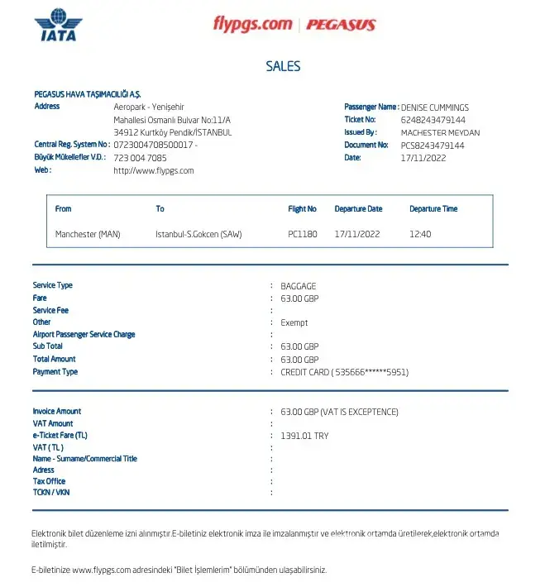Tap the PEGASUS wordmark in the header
(x=341, y=24)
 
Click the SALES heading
(x=283, y=67)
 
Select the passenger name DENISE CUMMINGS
(x=434, y=107)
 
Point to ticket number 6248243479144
(x=433, y=120)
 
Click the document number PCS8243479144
(x=433, y=146)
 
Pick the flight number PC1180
(x=303, y=234)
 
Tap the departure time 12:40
(x=420, y=234)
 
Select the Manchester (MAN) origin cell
(x=88, y=234)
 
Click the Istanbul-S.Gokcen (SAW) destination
(x=199, y=234)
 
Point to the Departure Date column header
(x=358, y=209)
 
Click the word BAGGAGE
(x=298, y=286)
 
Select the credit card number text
(x=345, y=372)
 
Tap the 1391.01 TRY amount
(x=304, y=436)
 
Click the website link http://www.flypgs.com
(x=154, y=171)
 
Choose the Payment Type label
(x=55, y=372)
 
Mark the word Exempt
(x=294, y=323)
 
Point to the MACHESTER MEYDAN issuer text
(x=440, y=132)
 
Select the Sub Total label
(x=48, y=346)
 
